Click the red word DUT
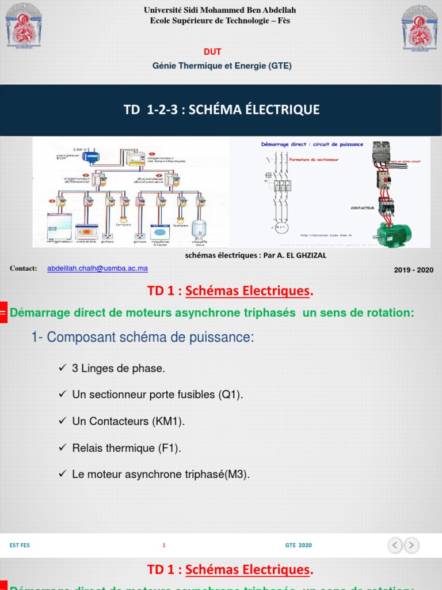(x=213, y=52)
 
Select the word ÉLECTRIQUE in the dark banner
(x=282, y=109)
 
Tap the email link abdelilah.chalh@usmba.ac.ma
(x=97, y=268)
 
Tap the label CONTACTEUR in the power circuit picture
(x=362, y=207)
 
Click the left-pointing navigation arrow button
(x=395, y=544)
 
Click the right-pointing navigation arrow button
(x=411, y=544)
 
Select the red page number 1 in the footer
(x=164, y=545)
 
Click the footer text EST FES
(x=20, y=545)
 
